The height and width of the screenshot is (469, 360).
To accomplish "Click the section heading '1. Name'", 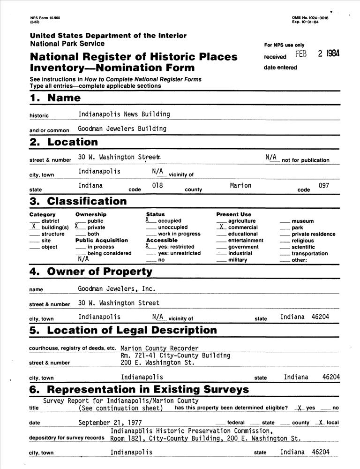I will tap(55, 98).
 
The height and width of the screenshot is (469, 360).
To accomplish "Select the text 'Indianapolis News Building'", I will tap(124, 114).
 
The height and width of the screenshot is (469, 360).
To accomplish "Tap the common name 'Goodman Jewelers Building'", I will tap(122, 129).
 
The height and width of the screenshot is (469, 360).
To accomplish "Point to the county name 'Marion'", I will tap(240, 186).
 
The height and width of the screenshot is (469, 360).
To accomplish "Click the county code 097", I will tap(323, 186).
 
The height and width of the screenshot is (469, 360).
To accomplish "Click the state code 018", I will tap(157, 186).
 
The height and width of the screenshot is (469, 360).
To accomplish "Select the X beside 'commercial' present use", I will tap(221, 226).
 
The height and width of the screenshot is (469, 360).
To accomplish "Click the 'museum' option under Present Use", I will tap(302, 221).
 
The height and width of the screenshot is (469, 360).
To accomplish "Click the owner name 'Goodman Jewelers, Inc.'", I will tap(117, 289).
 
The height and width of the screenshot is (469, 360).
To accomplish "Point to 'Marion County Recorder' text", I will tap(159, 348).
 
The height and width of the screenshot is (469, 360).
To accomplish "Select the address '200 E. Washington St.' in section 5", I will tap(157, 363).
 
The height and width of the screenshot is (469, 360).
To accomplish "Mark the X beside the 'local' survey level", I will tap(321, 422).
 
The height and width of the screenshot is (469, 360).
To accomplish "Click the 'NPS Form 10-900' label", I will tap(42, 18).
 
